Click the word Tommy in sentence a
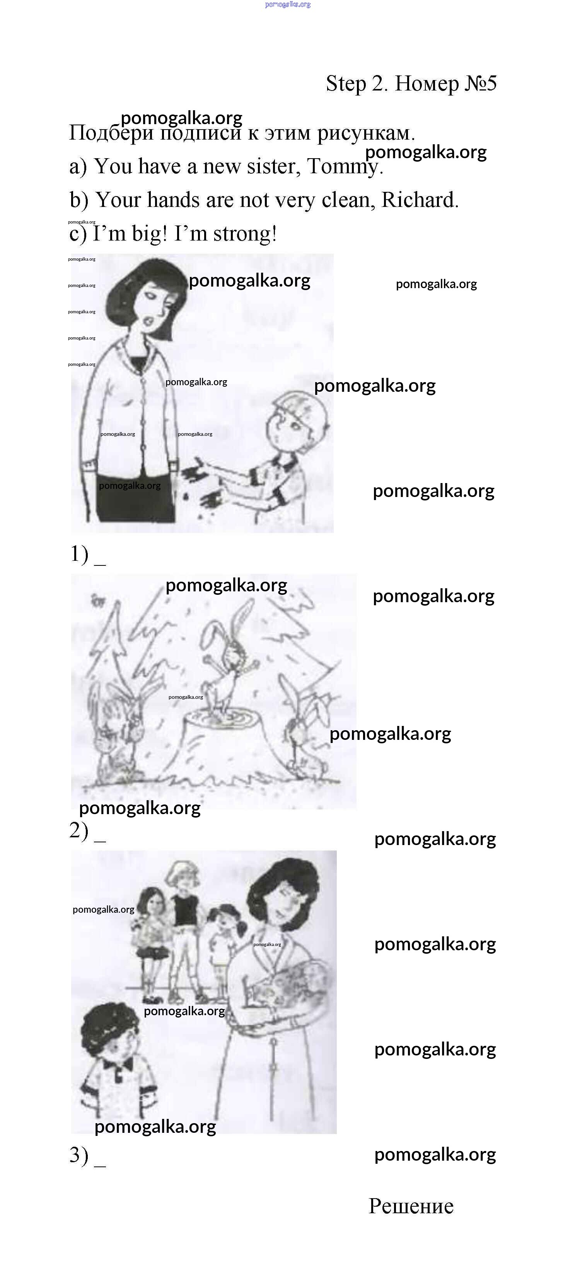pyautogui.click(x=344, y=167)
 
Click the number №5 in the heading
pyautogui.click(x=480, y=84)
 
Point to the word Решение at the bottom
pyautogui.click(x=411, y=1206)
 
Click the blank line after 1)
pyautogui.click(x=100, y=565)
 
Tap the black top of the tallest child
pyautogui.click(x=186, y=908)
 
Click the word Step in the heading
pyautogui.click(x=346, y=84)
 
